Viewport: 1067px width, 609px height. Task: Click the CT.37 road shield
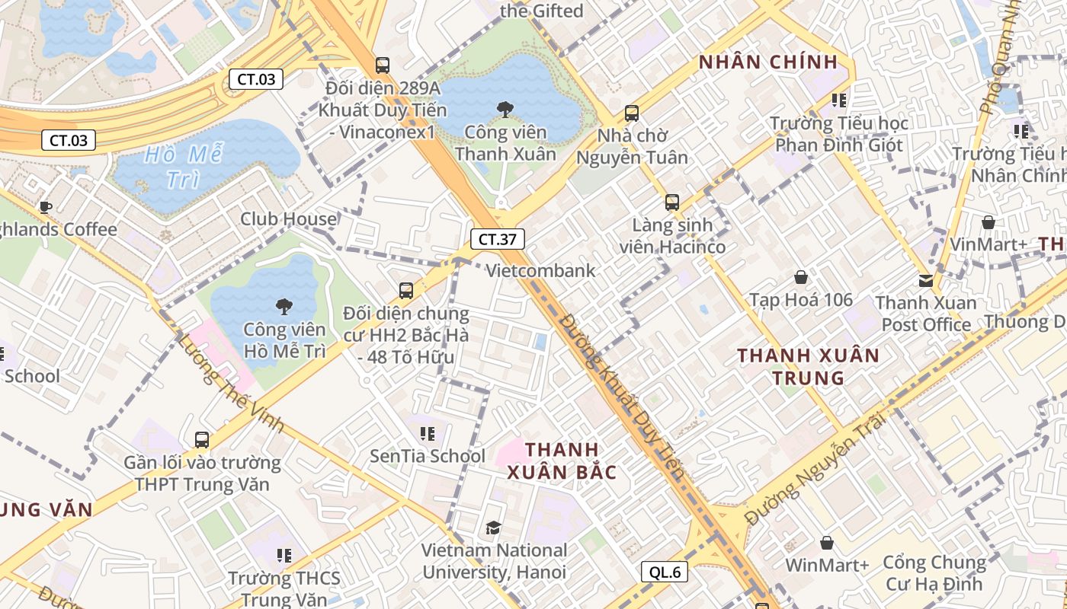point(497,239)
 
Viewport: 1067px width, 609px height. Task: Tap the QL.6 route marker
point(665,572)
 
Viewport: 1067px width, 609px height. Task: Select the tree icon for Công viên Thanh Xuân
point(505,110)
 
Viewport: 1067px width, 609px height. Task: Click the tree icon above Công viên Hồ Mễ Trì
point(284,307)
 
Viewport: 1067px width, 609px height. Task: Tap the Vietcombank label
point(540,270)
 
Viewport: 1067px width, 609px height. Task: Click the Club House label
point(288,219)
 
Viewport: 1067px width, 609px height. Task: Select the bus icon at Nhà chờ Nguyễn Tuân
point(631,113)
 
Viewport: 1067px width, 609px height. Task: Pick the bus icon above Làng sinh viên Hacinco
point(671,202)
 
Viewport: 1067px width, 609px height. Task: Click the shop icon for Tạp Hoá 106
point(800,277)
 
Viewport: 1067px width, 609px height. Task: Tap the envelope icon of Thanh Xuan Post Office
point(925,280)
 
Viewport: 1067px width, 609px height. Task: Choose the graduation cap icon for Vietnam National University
point(493,528)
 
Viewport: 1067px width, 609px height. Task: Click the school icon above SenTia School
point(427,434)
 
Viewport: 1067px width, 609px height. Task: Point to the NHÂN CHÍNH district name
point(768,62)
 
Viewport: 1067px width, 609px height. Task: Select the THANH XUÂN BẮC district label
point(562,460)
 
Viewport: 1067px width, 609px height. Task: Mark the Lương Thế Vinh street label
point(229,384)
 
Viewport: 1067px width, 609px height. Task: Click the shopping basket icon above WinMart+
point(826,543)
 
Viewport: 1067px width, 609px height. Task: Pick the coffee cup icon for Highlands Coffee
point(46,206)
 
